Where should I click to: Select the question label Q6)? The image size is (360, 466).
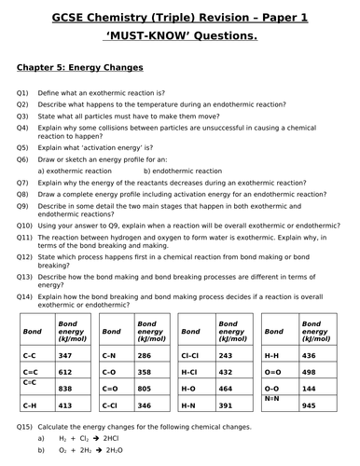click(23, 160)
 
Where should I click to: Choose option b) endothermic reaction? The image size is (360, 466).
click(189, 171)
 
